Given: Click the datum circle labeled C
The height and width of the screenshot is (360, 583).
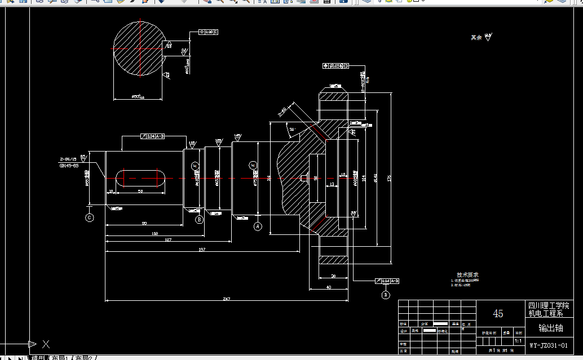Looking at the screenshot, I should click(89, 217).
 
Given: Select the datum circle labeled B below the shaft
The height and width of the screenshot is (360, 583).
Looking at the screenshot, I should click(199, 220).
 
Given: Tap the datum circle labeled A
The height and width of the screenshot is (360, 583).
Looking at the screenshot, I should click(258, 226).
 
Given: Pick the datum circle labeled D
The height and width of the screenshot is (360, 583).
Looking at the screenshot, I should click(386, 294).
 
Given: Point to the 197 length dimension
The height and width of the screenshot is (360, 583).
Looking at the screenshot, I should click(201, 249).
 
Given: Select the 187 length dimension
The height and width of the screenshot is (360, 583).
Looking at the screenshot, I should click(168, 241).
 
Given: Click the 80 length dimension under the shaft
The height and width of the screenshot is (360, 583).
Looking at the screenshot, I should click(144, 224).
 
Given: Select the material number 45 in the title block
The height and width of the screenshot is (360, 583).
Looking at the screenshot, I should click(498, 313).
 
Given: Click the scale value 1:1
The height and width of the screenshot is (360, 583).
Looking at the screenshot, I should click(518, 341).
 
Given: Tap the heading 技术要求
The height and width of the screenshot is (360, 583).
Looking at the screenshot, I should click(467, 274).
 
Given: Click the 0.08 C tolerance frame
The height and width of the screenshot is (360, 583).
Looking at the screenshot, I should click(209, 32).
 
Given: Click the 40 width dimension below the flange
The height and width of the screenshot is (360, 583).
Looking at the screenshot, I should click(329, 287).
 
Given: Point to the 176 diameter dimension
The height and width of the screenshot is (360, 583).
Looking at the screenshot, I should click(389, 178).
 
